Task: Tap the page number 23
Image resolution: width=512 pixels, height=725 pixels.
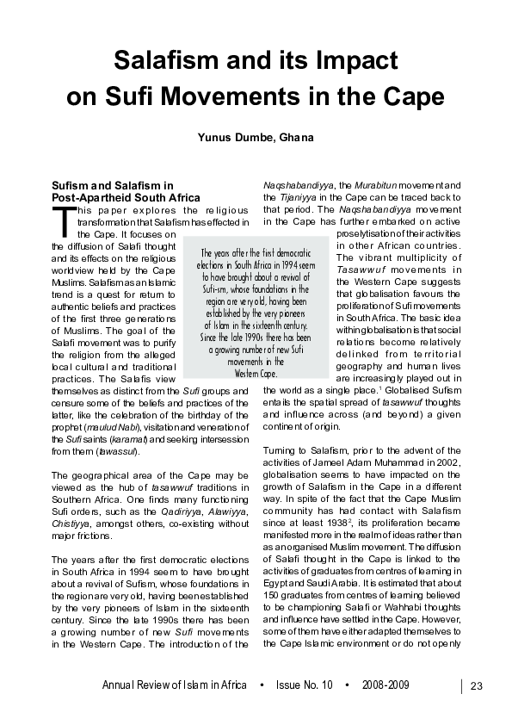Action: (478, 685)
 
